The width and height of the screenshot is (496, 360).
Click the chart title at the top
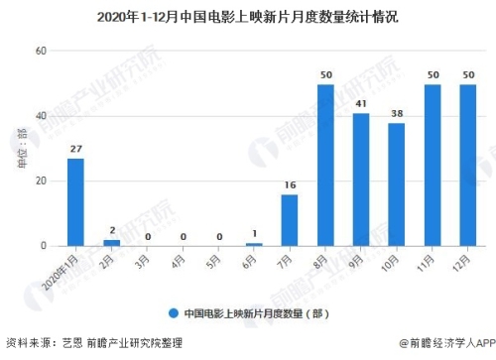[247, 16]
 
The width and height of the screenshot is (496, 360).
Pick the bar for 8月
[325, 165]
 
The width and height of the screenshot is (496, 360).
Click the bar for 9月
[361, 180]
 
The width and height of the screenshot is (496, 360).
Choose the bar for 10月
[397, 184]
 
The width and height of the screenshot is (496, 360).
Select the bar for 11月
[433, 165]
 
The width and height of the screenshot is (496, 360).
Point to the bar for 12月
[468, 165]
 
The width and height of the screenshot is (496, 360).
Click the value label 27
[75, 150]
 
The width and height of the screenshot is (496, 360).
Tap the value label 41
[361, 104]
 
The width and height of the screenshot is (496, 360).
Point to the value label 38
[397, 114]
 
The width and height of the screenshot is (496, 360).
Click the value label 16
[290, 185]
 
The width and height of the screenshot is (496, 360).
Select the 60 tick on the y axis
[41, 51]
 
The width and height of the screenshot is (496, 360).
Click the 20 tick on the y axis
[41, 180]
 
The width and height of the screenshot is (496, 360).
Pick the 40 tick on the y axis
[41, 116]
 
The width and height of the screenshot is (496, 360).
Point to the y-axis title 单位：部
[21, 148]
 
